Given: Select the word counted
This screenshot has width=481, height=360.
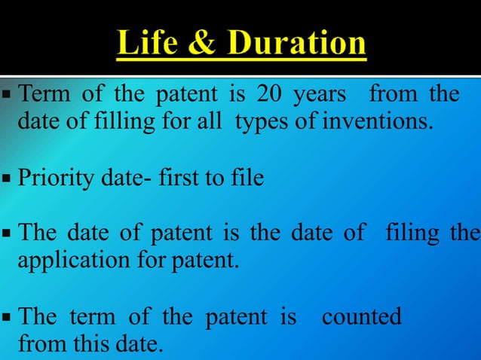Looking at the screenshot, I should point(361,317).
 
